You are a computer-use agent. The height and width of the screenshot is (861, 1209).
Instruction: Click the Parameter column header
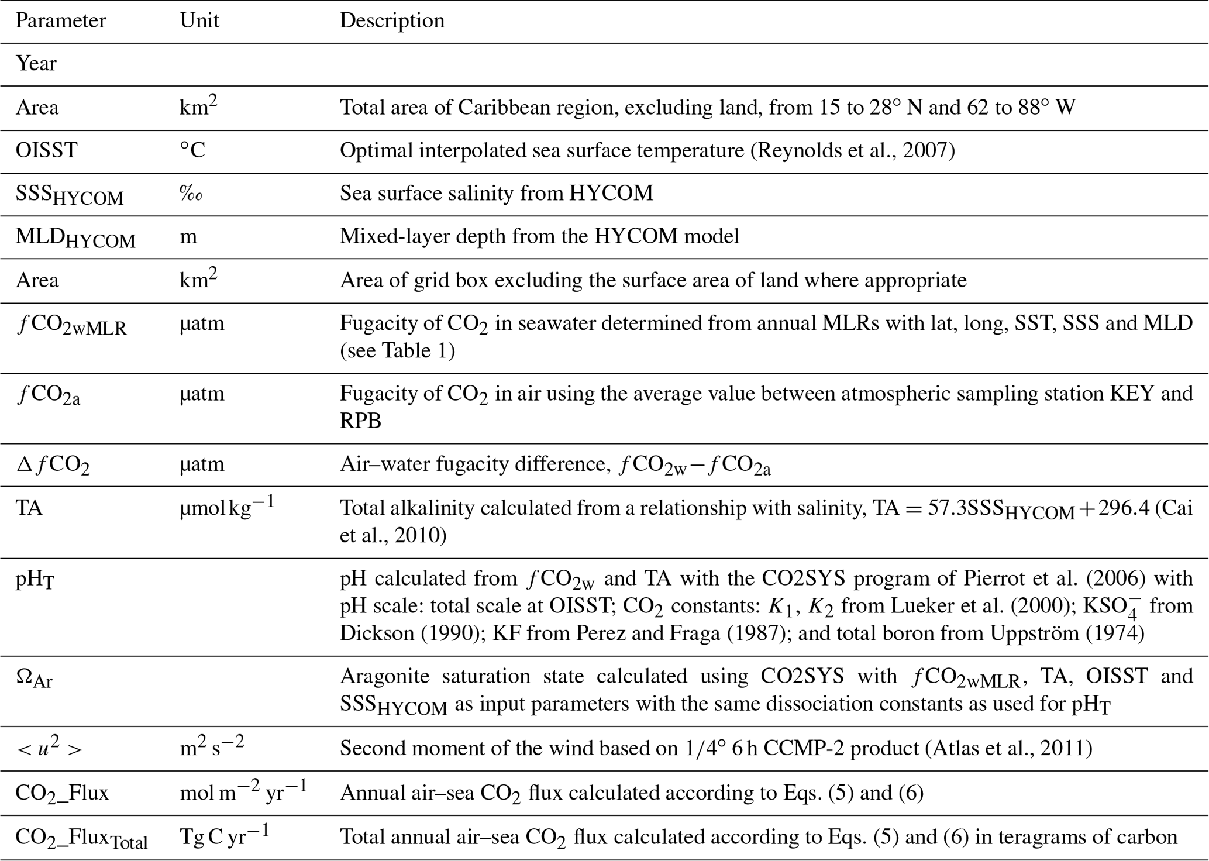click(61, 21)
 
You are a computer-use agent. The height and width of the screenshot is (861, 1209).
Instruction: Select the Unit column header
click(199, 21)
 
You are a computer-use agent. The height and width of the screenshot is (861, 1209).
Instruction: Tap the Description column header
click(392, 21)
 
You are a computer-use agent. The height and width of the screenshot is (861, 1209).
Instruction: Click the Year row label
click(36, 64)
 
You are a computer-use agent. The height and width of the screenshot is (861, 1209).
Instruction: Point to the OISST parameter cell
click(46, 151)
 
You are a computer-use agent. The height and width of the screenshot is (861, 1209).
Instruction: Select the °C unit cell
click(192, 151)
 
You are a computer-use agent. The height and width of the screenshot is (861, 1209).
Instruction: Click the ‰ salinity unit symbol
click(191, 194)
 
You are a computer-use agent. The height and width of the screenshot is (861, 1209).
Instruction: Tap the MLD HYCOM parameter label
click(75, 237)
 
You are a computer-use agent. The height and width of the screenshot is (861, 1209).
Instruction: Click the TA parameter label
click(29, 508)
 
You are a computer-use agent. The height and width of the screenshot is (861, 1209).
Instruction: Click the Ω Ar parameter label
click(35, 679)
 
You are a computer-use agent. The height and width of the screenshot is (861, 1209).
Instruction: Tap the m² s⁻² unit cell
click(212, 748)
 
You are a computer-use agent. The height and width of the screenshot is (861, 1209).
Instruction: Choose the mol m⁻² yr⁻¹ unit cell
click(243, 792)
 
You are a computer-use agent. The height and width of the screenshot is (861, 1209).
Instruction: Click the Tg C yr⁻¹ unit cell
click(224, 836)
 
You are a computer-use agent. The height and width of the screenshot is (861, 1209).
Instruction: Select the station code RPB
click(360, 420)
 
